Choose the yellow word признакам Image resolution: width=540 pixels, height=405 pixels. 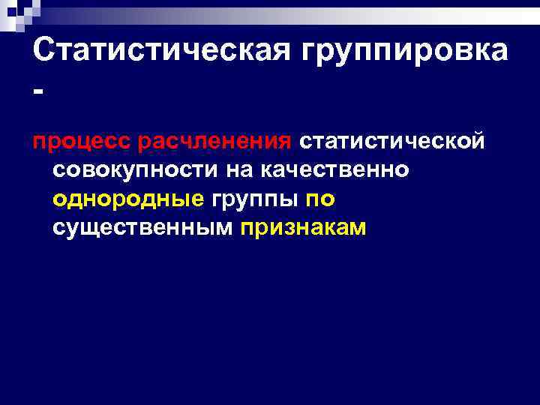[x=304, y=229]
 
